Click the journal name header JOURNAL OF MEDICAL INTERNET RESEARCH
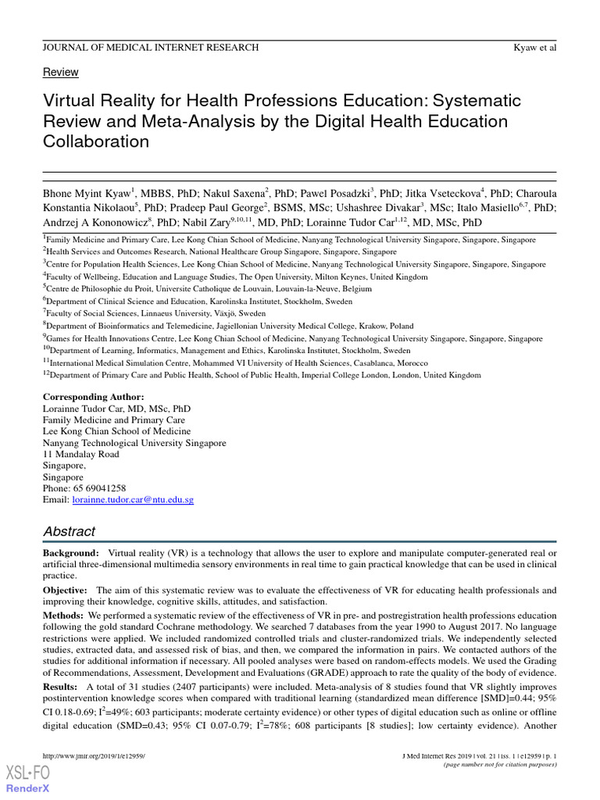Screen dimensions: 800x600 (x=151, y=48)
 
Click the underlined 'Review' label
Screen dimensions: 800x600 (x=60, y=72)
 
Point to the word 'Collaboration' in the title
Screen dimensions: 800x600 (x=95, y=141)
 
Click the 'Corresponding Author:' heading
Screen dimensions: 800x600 (x=93, y=397)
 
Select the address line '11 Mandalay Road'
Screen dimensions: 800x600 (x=81, y=454)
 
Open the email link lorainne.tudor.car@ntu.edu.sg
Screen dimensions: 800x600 (x=133, y=499)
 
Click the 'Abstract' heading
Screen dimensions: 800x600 (x=70, y=531)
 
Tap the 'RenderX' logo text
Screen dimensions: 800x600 (x=28, y=788)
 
